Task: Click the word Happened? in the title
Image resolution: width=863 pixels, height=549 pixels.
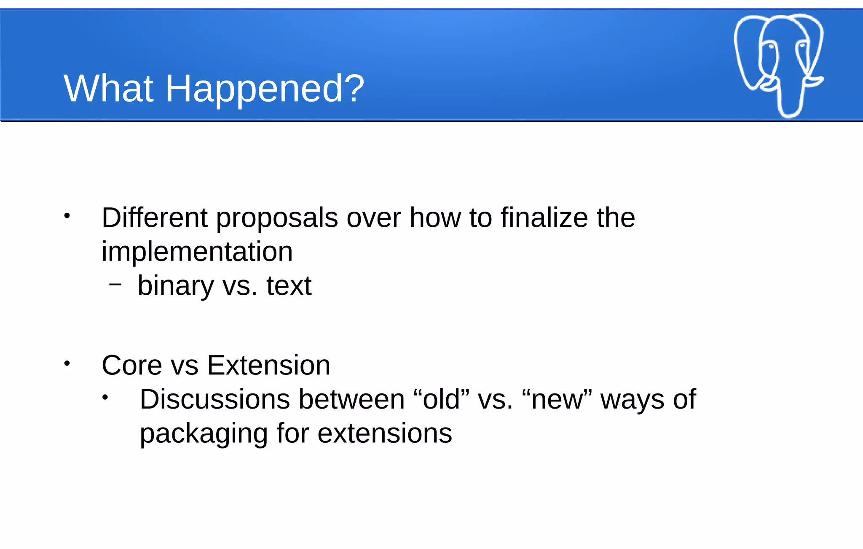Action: (264, 89)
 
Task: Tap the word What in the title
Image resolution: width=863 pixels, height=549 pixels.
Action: (108, 89)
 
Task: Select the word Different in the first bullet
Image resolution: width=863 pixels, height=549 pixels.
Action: (155, 218)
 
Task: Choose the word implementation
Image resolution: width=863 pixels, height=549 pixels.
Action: (197, 252)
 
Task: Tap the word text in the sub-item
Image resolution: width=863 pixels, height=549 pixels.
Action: (289, 286)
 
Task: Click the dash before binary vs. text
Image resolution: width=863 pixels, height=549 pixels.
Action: (115, 285)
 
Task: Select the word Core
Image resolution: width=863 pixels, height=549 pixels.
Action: (131, 365)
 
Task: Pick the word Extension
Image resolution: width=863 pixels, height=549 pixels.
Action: (268, 365)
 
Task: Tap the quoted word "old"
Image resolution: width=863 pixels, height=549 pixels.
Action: (441, 399)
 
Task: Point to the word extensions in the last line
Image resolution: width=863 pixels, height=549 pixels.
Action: (384, 433)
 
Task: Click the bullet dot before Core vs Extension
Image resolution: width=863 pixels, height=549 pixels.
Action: (67, 363)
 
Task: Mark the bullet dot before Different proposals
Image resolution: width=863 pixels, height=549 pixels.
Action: (67, 216)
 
